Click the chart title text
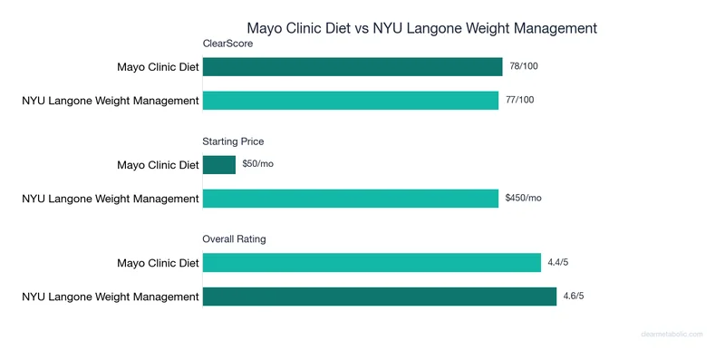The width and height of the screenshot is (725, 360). point(422,28)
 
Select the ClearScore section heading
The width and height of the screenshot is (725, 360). point(227,44)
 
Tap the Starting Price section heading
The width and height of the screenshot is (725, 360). point(233,141)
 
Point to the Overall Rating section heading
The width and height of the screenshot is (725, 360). point(234,239)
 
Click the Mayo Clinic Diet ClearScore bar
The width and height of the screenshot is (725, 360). point(352,67)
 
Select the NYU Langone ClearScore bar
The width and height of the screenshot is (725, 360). point(350,100)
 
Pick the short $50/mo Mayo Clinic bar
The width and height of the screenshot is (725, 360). point(218,165)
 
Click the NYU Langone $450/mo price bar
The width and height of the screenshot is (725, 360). point(350,199)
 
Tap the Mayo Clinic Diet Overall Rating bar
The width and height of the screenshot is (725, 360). point(372,263)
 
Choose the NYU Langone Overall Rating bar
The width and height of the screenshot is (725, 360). point(379,297)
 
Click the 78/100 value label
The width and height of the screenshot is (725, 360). point(524,66)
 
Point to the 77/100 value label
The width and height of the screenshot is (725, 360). point(520,100)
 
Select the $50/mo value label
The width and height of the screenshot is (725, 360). point(258,165)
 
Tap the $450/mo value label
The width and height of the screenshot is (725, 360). point(523,199)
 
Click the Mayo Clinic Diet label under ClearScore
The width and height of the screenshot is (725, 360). point(158,67)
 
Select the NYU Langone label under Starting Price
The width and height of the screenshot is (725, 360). point(111,199)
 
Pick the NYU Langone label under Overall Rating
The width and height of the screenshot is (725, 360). point(111,297)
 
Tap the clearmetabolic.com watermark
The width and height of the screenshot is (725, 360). point(672,334)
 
